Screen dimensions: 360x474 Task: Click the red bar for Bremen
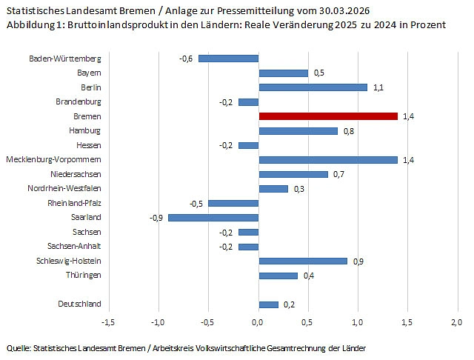[x=328, y=116]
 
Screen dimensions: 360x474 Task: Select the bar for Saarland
[x=213, y=217]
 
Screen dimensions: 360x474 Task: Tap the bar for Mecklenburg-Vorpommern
[x=328, y=159]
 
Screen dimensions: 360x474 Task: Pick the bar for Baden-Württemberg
[x=228, y=59]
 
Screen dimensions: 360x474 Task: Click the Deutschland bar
[x=268, y=304]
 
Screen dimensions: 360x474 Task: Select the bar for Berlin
[x=313, y=87]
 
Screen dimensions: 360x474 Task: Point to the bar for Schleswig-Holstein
[x=303, y=261]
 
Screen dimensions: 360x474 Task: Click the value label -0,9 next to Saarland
[x=156, y=217]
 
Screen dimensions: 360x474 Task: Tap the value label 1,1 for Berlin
[x=378, y=87]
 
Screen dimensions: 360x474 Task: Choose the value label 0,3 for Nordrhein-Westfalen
[x=298, y=189]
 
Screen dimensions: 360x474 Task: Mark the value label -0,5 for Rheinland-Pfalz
[x=196, y=203]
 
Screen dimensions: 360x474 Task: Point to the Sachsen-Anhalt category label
[x=74, y=246]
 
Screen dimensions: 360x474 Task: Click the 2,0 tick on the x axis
[x=457, y=322]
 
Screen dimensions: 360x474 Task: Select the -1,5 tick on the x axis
[x=108, y=322]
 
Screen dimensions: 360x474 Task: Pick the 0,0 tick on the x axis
[x=258, y=322]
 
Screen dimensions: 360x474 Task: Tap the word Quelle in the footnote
[x=19, y=348]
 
